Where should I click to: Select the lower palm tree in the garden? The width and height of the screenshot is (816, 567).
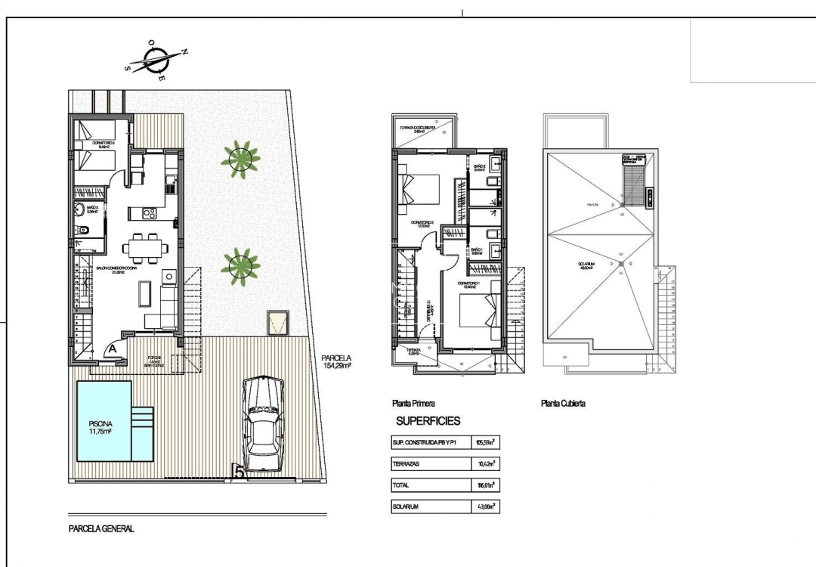pos(240,264)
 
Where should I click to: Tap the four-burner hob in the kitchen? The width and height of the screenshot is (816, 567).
pos(150,214)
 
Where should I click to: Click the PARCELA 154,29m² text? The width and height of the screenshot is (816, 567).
pos(337,363)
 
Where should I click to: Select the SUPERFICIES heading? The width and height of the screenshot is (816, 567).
pos(428,421)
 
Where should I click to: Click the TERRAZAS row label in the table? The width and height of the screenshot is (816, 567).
pos(409,463)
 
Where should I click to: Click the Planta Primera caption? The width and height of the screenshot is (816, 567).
pos(413,404)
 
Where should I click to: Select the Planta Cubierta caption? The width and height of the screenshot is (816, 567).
pos(564,404)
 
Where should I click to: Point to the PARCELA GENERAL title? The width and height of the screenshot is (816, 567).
pos(101,529)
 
